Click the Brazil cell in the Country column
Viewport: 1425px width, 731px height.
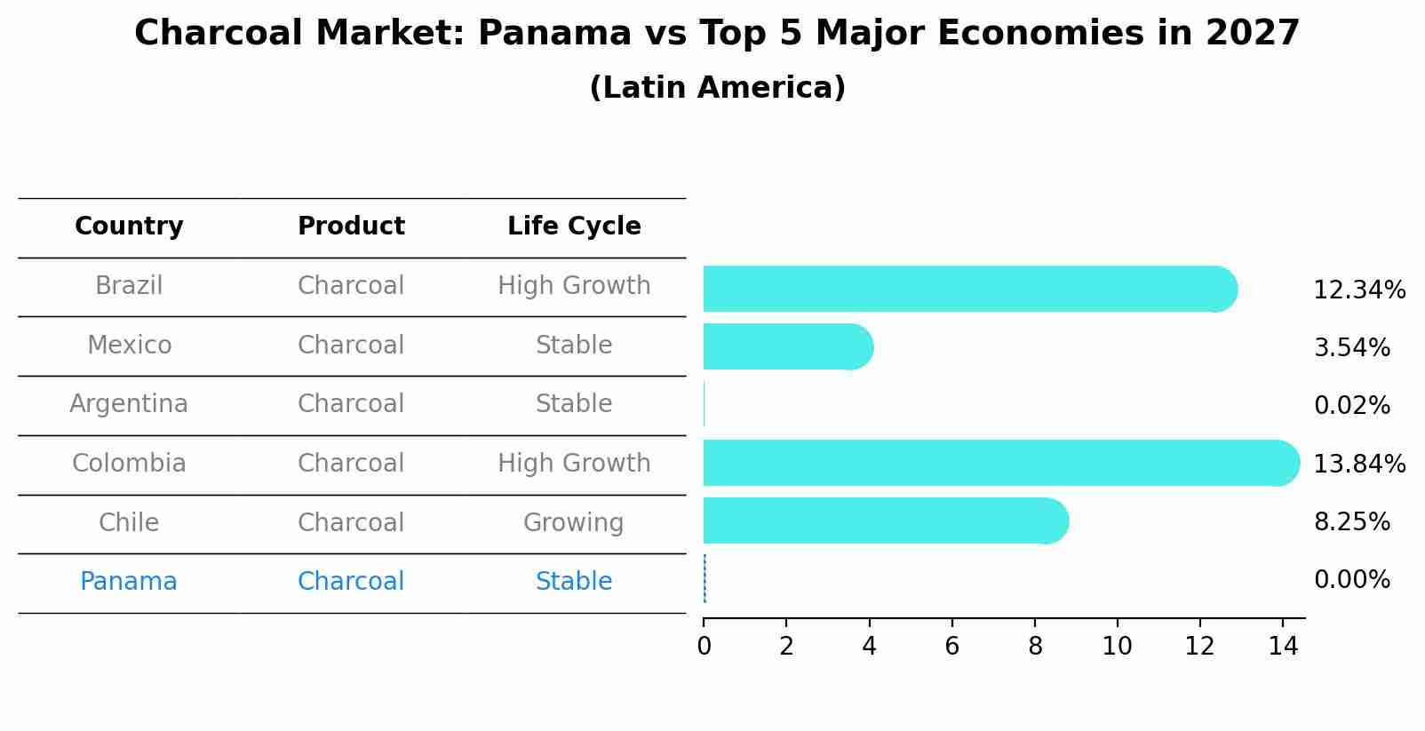[x=129, y=286]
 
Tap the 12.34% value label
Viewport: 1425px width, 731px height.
[x=1358, y=290]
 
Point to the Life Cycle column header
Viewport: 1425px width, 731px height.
[x=574, y=226]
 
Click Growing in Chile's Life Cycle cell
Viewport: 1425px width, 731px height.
[x=573, y=523]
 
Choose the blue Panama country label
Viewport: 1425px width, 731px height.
[x=129, y=582]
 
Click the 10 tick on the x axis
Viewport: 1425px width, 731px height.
[x=1117, y=647]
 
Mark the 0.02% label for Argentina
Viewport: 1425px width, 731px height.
[x=1351, y=406]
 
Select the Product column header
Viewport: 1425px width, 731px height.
[x=351, y=226]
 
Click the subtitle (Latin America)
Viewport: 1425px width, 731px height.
[x=717, y=88]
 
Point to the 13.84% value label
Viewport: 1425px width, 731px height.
[x=1358, y=465]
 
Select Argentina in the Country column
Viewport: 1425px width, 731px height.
[x=129, y=404]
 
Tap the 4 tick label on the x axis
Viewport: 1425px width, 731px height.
[x=869, y=647]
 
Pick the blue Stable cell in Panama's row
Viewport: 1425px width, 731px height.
[x=573, y=582]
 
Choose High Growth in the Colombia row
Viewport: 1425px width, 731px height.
[x=574, y=464]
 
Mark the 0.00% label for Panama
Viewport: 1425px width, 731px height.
[x=1351, y=580]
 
